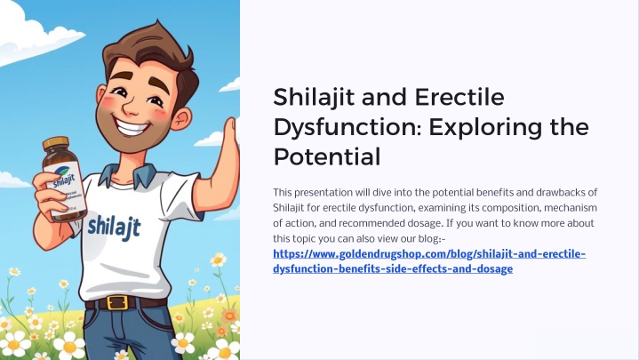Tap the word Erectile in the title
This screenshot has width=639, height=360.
459,98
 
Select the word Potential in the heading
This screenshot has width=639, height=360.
327,157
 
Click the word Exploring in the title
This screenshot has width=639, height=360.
484,128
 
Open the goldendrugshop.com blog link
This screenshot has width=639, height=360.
429,261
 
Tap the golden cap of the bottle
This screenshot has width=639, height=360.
56,143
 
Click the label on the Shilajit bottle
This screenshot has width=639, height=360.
65,188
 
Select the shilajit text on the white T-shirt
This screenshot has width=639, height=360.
114,228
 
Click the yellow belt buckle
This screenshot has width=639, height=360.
116,303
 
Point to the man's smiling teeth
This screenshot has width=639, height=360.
131,127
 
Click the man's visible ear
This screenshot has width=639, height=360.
181,119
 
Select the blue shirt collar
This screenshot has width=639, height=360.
126,174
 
